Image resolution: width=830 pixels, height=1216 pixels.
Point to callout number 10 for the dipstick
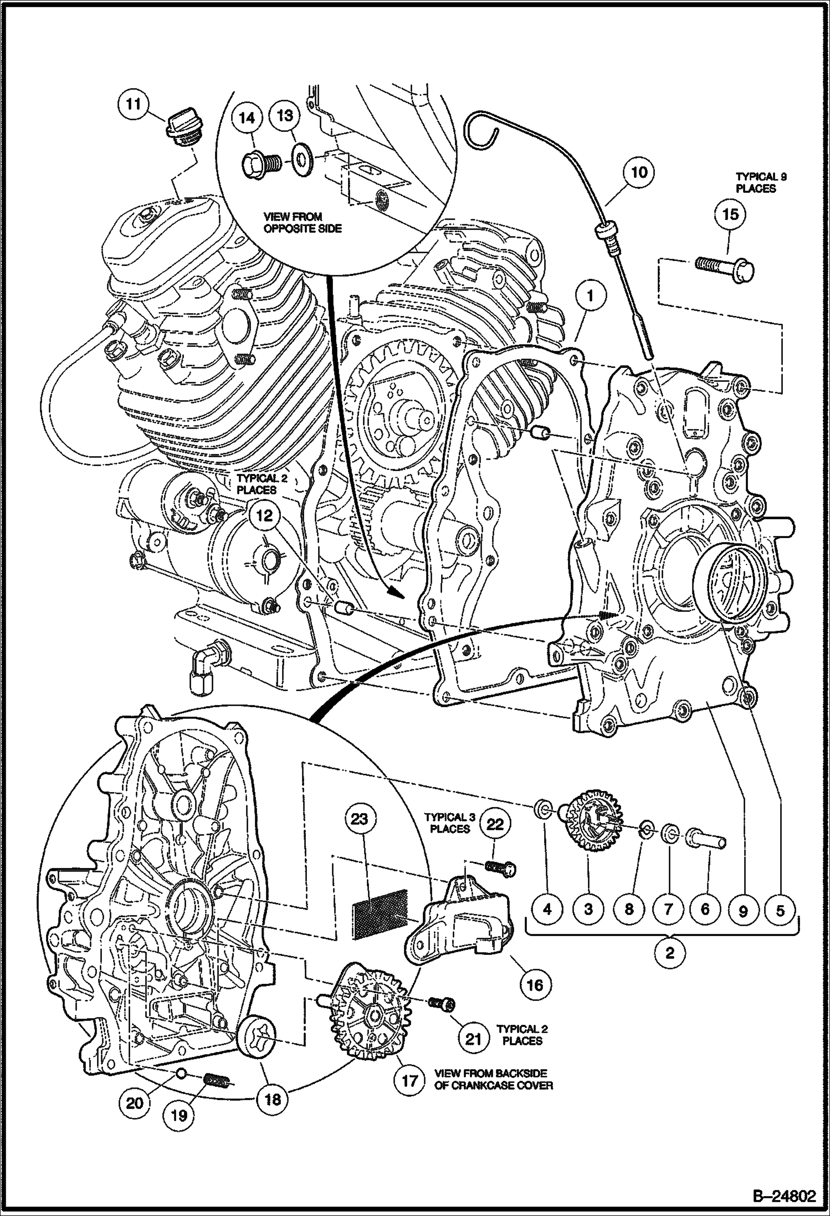tap(639, 172)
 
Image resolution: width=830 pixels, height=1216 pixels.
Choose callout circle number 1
tap(591, 297)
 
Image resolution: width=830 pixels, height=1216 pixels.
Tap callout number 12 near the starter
tap(265, 515)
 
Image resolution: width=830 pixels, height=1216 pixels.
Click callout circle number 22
tap(495, 824)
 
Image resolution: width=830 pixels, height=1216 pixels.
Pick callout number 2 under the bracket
tap(670, 953)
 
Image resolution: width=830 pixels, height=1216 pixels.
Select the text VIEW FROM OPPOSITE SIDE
tap(293, 222)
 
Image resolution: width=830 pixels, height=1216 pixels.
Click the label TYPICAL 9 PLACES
tap(761, 182)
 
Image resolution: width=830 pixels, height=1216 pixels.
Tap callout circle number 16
tap(535, 984)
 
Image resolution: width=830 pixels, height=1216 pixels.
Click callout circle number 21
tap(473, 1038)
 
